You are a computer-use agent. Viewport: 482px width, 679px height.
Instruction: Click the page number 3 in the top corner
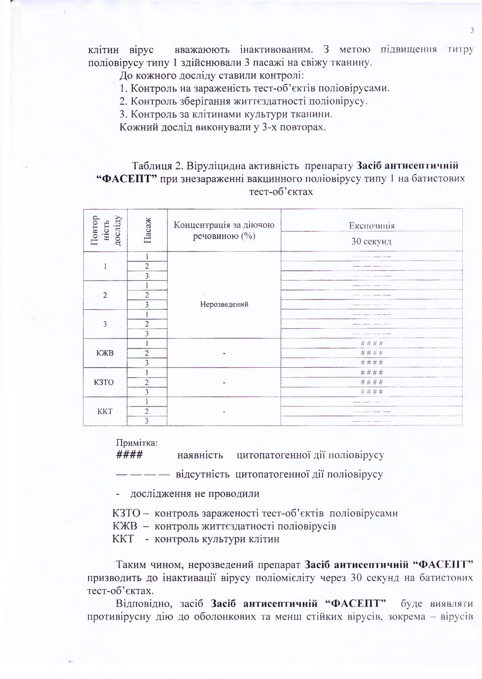(x=471, y=30)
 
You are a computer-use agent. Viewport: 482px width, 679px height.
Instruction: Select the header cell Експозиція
(x=371, y=225)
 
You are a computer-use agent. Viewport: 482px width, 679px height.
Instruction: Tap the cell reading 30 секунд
(x=371, y=241)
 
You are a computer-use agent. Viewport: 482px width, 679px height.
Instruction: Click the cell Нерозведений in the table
(x=224, y=304)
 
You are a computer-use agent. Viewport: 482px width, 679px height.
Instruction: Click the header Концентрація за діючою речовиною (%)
(x=224, y=230)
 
